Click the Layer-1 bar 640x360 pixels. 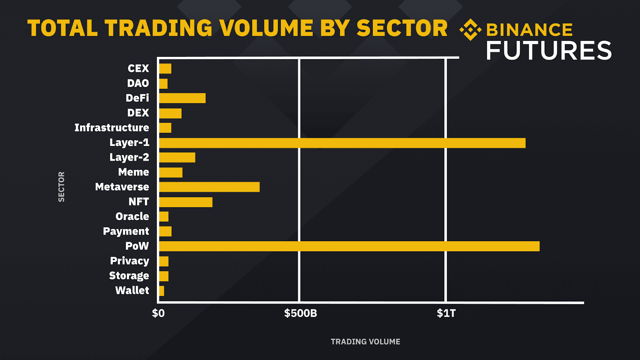pos(342,143)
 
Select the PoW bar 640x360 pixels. pos(349,246)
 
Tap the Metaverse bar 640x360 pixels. pos(209,187)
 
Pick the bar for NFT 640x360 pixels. pos(186,202)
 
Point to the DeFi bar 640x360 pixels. pos(182,98)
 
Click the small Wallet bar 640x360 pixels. pos(162,291)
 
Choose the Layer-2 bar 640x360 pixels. pos(177,157)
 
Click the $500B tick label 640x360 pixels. pos(300,313)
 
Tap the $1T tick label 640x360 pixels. pos(446,313)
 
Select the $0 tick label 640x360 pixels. pos(158,313)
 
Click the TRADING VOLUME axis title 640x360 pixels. pos(365,342)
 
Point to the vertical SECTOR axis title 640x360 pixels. pos(61,187)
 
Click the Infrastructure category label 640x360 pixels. pos(112,128)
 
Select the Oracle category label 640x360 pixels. pos(132,216)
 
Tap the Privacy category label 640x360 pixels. pos(130,261)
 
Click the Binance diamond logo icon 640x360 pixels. pos(470,30)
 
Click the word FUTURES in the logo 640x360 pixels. pos(548,51)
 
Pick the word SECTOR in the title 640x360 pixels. pos(402,28)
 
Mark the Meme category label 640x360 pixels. pos(134,172)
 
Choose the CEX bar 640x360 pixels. pos(165,68)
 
